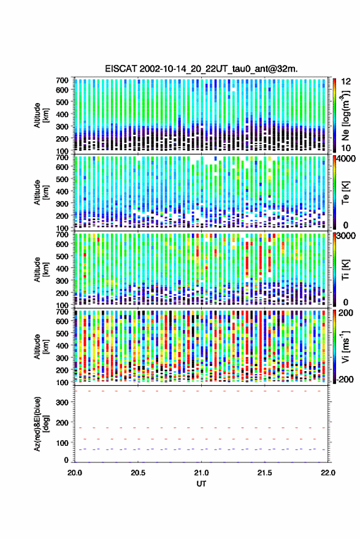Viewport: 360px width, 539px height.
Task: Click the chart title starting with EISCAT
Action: [201, 69]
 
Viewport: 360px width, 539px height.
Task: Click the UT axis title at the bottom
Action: [202, 484]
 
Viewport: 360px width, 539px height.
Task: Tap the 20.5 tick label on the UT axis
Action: [138, 473]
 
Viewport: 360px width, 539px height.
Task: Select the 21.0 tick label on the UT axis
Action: [201, 473]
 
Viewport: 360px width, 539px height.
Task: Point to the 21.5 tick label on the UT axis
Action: [264, 473]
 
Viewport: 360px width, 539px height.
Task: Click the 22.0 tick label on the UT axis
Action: [327, 473]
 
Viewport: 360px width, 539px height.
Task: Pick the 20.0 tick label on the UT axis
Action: [75, 473]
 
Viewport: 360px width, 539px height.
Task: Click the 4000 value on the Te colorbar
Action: [347, 159]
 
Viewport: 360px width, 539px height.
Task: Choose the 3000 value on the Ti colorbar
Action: [347, 236]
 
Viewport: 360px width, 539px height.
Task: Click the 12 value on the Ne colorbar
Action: [346, 82]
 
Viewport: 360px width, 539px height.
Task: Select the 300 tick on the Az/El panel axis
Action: [62, 402]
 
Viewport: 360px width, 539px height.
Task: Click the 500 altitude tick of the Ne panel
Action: [62, 102]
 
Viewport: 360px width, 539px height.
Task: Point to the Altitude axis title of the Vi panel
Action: [41, 346]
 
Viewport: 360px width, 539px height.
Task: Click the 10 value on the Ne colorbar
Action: [346, 148]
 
